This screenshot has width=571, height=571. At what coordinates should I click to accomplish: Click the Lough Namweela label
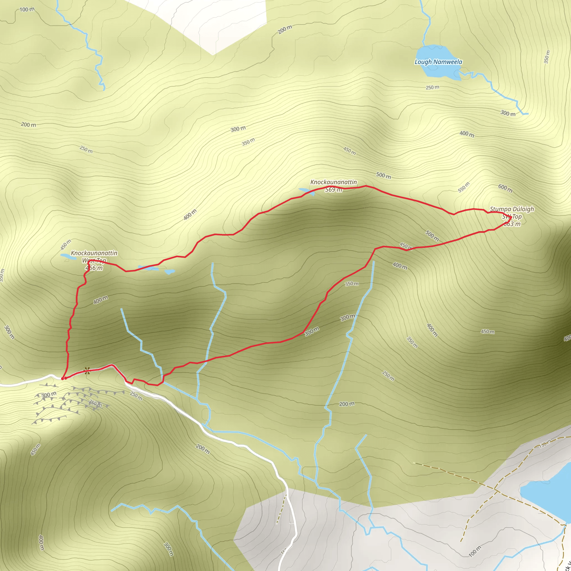click(x=438, y=62)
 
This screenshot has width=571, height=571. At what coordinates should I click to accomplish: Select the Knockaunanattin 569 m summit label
click(x=333, y=186)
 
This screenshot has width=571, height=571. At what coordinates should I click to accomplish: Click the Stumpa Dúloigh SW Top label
click(x=512, y=216)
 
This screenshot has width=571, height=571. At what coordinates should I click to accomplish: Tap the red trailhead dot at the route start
click(x=63, y=378)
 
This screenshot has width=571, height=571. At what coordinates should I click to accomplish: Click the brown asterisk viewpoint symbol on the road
click(x=87, y=371)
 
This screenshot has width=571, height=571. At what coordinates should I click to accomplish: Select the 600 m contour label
click(x=505, y=188)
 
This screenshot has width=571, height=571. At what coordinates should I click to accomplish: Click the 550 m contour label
click(x=463, y=187)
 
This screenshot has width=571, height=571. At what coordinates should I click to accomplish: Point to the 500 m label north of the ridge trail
click(x=383, y=176)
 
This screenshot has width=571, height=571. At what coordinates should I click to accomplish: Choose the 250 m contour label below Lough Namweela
click(x=432, y=88)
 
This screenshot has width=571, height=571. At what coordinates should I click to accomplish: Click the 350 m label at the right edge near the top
click(x=547, y=57)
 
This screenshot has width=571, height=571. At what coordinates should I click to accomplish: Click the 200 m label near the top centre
click(x=285, y=30)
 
